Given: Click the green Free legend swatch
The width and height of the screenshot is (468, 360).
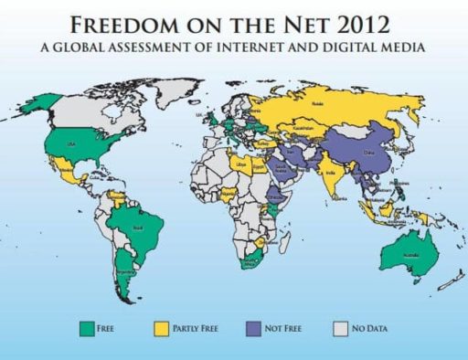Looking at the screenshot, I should click(x=90, y=325).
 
